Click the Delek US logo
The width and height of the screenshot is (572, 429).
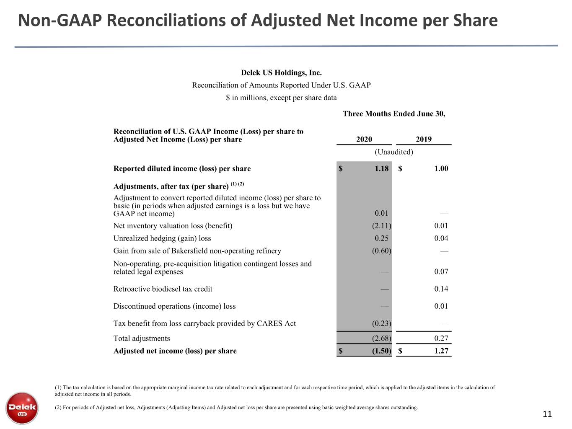(x=22, y=408)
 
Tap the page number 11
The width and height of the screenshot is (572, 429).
(x=547, y=414)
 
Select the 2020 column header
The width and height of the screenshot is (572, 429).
(x=364, y=140)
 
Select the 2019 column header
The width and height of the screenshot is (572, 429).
(x=424, y=140)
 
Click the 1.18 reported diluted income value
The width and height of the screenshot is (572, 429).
(x=381, y=168)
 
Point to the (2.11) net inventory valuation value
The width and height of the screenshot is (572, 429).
(x=381, y=225)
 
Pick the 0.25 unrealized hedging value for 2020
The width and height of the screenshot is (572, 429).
(x=381, y=238)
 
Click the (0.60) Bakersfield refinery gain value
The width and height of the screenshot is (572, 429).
(x=381, y=251)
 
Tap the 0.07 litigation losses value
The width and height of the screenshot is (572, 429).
(x=441, y=271)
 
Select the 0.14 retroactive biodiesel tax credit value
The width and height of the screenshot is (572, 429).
(x=441, y=289)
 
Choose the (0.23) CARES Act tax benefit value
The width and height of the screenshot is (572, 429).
(x=381, y=323)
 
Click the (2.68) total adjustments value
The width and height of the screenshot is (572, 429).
(x=381, y=338)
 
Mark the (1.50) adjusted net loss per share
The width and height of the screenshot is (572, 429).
(x=381, y=351)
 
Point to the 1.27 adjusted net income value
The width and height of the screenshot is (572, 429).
(x=441, y=351)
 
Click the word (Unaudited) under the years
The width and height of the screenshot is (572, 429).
(x=394, y=152)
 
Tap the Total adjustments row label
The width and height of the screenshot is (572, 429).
(x=142, y=339)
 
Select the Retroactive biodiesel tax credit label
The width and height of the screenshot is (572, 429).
(x=163, y=289)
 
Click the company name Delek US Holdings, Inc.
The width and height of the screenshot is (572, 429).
(x=281, y=72)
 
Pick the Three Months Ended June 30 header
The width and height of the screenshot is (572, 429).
(x=394, y=114)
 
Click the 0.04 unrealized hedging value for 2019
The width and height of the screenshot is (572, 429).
(x=441, y=238)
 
